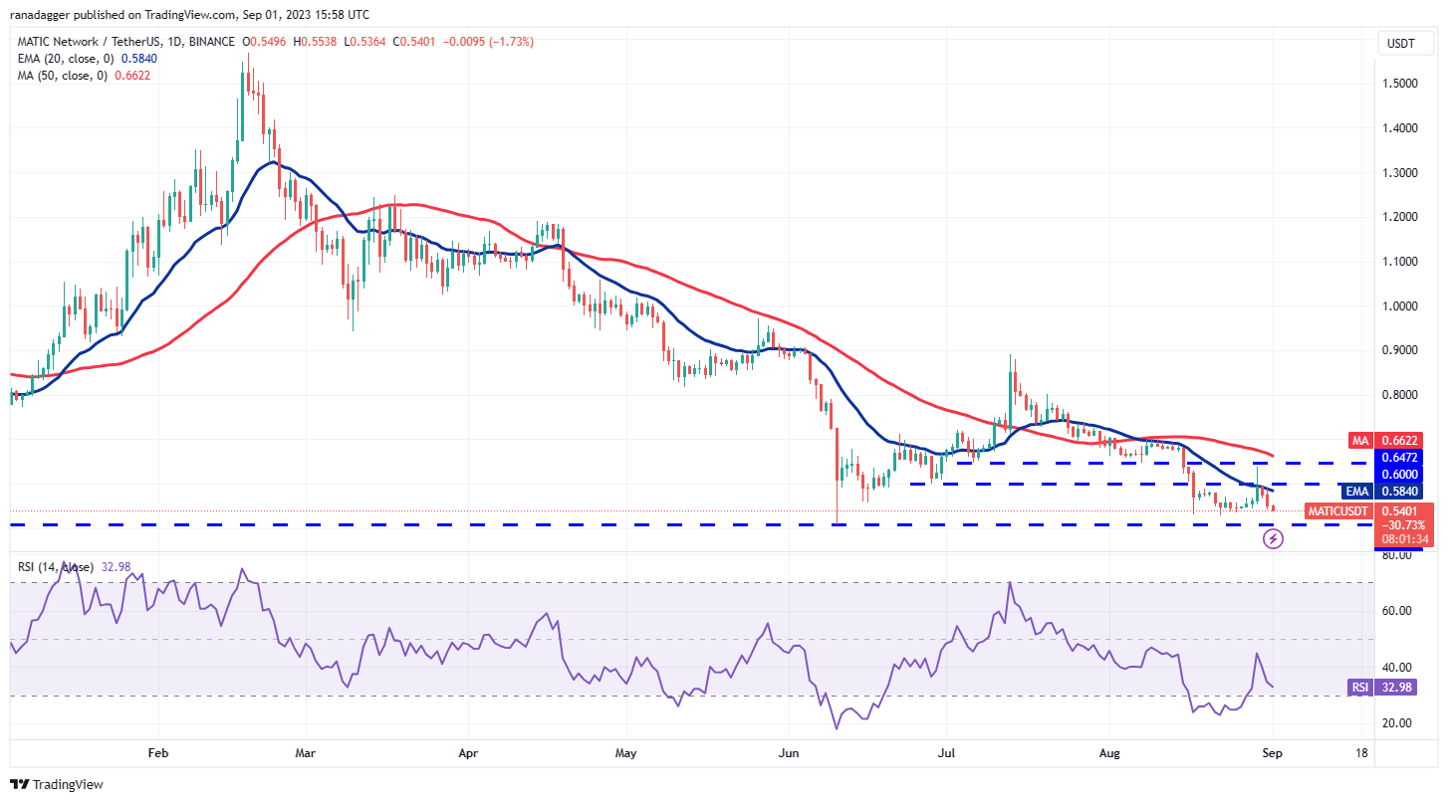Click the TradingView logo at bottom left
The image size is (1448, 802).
click(x=57, y=784)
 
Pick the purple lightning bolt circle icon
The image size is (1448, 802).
click(x=1273, y=539)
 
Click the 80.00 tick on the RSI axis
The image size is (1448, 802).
click(x=1398, y=554)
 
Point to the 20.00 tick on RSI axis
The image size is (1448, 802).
click(x=1398, y=723)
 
